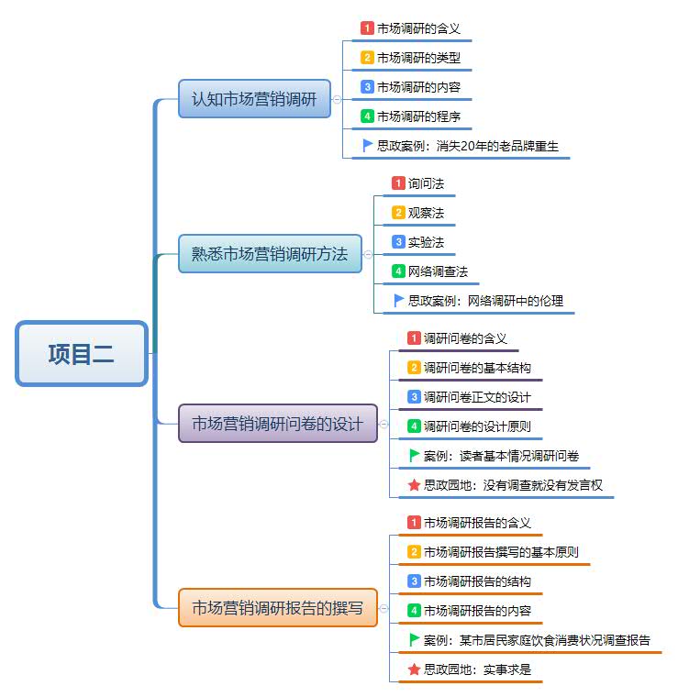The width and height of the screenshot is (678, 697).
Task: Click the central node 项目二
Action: [x=82, y=353]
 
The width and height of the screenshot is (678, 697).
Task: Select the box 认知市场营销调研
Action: [x=254, y=99]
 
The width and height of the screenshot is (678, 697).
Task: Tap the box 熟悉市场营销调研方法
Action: [x=270, y=254]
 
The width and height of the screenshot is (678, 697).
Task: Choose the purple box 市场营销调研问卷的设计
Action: [x=277, y=424]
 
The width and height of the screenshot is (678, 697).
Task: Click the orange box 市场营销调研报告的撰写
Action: [x=277, y=607]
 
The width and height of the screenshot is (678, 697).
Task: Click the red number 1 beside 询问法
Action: [x=398, y=183]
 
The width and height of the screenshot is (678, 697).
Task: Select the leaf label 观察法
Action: [x=426, y=213]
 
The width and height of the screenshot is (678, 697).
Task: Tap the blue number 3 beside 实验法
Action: [x=398, y=242]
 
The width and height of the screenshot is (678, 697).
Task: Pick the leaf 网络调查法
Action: [x=438, y=271]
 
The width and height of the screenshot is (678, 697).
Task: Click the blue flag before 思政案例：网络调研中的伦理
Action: [x=398, y=300]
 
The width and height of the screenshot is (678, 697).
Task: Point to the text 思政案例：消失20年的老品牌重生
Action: [x=468, y=145]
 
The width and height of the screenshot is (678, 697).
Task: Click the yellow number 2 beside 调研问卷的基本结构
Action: [x=414, y=368]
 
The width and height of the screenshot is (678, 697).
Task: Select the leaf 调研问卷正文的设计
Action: [x=477, y=397]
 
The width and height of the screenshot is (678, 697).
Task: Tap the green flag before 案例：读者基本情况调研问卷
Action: [x=414, y=455]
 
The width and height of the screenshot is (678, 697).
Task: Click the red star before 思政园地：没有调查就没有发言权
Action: [x=414, y=484]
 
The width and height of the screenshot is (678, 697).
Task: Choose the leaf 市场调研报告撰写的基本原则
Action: [x=501, y=552]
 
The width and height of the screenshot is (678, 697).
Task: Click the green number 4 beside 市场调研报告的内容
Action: [x=414, y=611]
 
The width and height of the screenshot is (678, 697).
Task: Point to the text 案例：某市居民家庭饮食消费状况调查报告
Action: [x=537, y=640]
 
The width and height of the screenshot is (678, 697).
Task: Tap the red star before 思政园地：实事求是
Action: [x=414, y=669]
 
